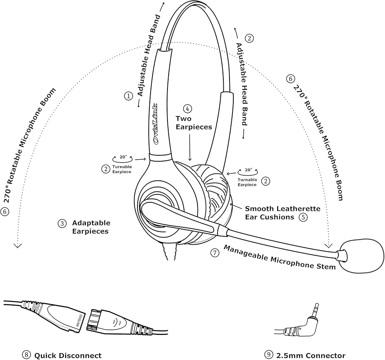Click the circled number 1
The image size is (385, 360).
coord(128,96)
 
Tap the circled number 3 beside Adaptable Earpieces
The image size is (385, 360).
coord(62,223)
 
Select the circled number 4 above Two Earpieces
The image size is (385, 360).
coord(187,109)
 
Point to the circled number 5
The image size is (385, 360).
coord(303,217)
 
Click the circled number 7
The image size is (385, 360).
coord(214,253)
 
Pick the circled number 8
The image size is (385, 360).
coord(26,355)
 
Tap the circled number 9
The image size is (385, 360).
coord(268,355)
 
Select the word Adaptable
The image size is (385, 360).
coord(91,223)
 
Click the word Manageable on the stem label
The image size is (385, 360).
coord(246,253)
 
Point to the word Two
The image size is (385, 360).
coord(184,119)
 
